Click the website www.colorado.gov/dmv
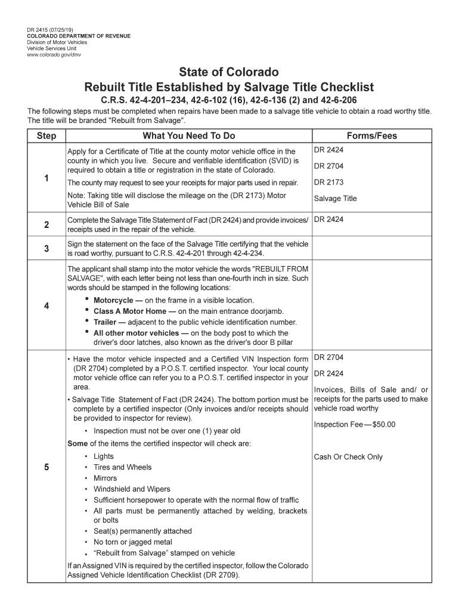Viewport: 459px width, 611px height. (x=54, y=55)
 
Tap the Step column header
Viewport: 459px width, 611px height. (x=46, y=135)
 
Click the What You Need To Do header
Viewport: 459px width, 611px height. (x=189, y=135)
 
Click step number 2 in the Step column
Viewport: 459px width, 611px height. (x=46, y=224)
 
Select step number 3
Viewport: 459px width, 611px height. (x=46, y=248)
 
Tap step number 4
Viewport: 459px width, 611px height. (x=46, y=306)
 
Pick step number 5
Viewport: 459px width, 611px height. (x=46, y=467)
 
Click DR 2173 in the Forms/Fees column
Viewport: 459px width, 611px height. (x=328, y=182)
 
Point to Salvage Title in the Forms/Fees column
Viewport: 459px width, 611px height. (x=335, y=199)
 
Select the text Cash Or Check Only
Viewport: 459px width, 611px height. (x=348, y=457)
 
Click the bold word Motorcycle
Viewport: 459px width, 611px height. (x=113, y=300)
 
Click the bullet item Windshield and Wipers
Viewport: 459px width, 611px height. (x=131, y=489)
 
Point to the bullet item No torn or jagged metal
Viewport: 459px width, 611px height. (x=132, y=542)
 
